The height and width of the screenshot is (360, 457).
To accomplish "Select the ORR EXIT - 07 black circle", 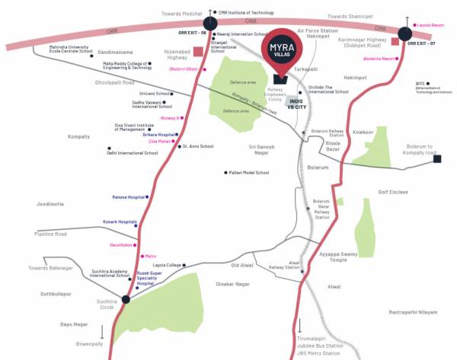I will coord(407,33).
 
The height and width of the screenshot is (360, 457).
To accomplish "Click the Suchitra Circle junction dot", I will coord(126,299).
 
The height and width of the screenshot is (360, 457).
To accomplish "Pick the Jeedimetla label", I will coord(49,205).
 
